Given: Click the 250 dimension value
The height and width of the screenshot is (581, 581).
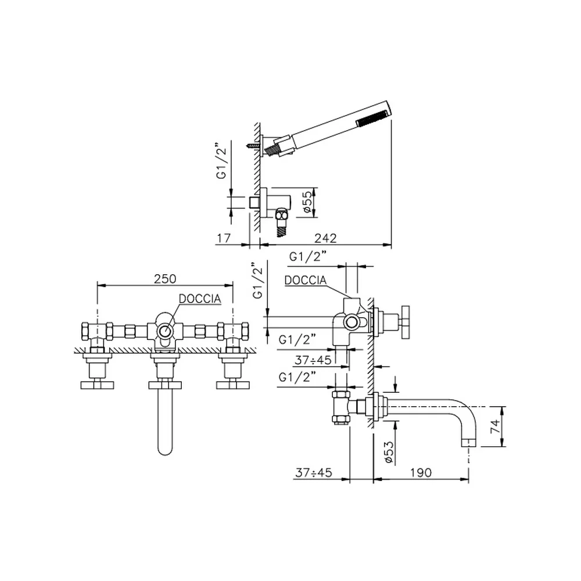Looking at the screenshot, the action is pos(165,279).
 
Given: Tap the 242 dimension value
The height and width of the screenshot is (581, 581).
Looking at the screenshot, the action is pos(325,238).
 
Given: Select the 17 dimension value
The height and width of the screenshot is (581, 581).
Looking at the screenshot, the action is pos(224,238).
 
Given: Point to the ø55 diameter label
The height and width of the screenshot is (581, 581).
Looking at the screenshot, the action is pos(307,202).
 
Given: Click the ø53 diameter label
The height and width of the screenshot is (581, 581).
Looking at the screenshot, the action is pos(389,452).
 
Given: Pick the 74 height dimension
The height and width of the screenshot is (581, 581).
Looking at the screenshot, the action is pos(495,426).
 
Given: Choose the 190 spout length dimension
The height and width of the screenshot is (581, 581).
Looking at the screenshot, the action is pos(421,472).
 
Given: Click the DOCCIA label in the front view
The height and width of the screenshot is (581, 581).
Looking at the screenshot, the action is pos(200,299).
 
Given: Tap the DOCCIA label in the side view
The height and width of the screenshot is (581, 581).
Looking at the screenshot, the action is pos(306,280).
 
